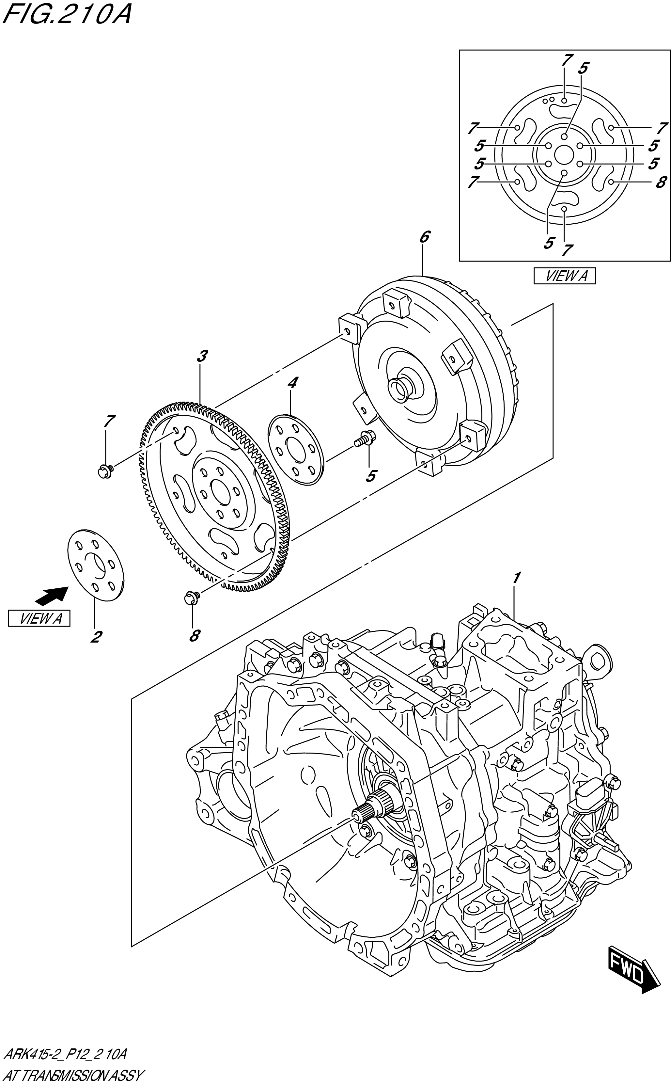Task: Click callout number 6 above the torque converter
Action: pos(424,237)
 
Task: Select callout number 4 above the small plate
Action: pos(293,383)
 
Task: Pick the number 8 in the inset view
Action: pos(661,182)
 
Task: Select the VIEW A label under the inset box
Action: pos(565,276)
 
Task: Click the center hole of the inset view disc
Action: pos(564,155)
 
